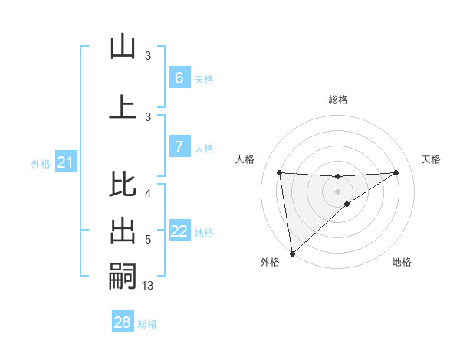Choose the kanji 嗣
(123, 276)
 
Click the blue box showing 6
(179, 78)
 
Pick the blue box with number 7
(179, 147)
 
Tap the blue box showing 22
(179, 231)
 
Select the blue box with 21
(65, 162)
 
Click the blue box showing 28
(122, 322)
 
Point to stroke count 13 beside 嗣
(148, 286)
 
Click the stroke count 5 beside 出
(148, 240)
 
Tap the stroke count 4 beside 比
(148, 193)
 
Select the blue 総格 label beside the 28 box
(147, 324)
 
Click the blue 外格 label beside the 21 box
(40, 164)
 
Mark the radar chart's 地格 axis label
(402, 262)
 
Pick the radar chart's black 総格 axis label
(337, 100)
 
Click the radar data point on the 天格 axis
(396, 172)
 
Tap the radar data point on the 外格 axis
(291, 253)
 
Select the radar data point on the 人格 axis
(279, 172)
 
